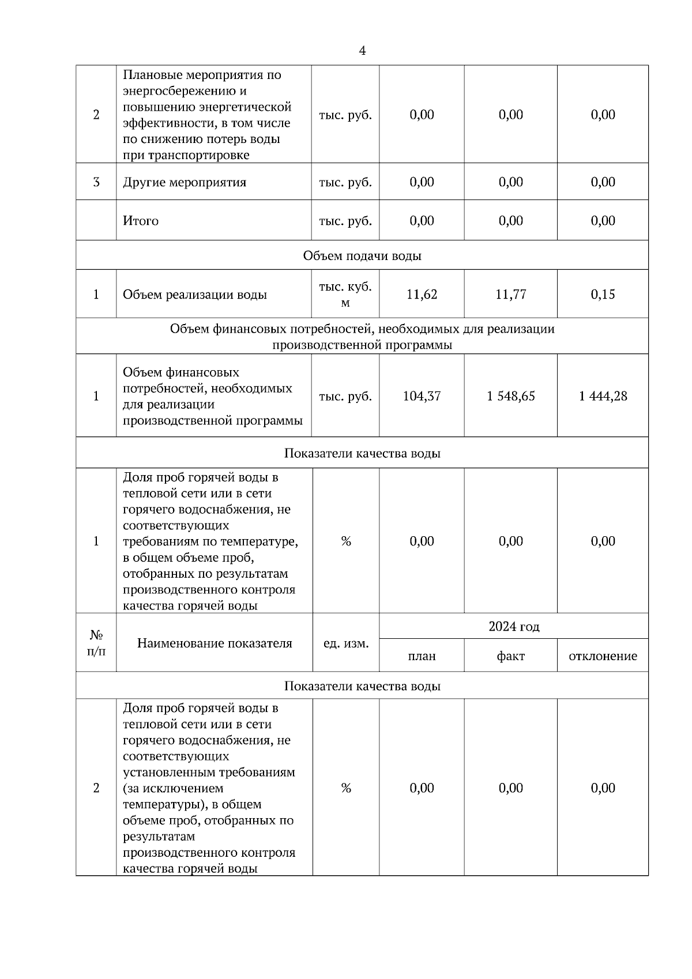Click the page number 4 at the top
[x=362, y=51]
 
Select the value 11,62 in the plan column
[x=422, y=295]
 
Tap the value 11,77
[x=510, y=295]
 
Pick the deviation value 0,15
[x=603, y=295]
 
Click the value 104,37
[x=422, y=396]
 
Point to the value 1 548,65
[x=510, y=396]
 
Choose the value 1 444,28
[x=603, y=396]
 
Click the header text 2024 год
[x=514, y=627]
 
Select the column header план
[x=422, y=656]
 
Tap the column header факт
[x=510, y=656]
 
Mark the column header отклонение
[x=603, y=656]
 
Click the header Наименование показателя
[x=215, y=643]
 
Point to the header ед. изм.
[x=346, y=643]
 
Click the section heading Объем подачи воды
[x=362, y=255]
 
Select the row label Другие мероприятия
[x=185, y=183]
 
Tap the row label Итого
[x=141, y=221]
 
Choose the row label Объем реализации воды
[x=195, y=295]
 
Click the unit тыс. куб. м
[x=345, y=295]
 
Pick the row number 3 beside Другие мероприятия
[x=96, y=182]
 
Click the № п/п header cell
[x=96, y=643]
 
